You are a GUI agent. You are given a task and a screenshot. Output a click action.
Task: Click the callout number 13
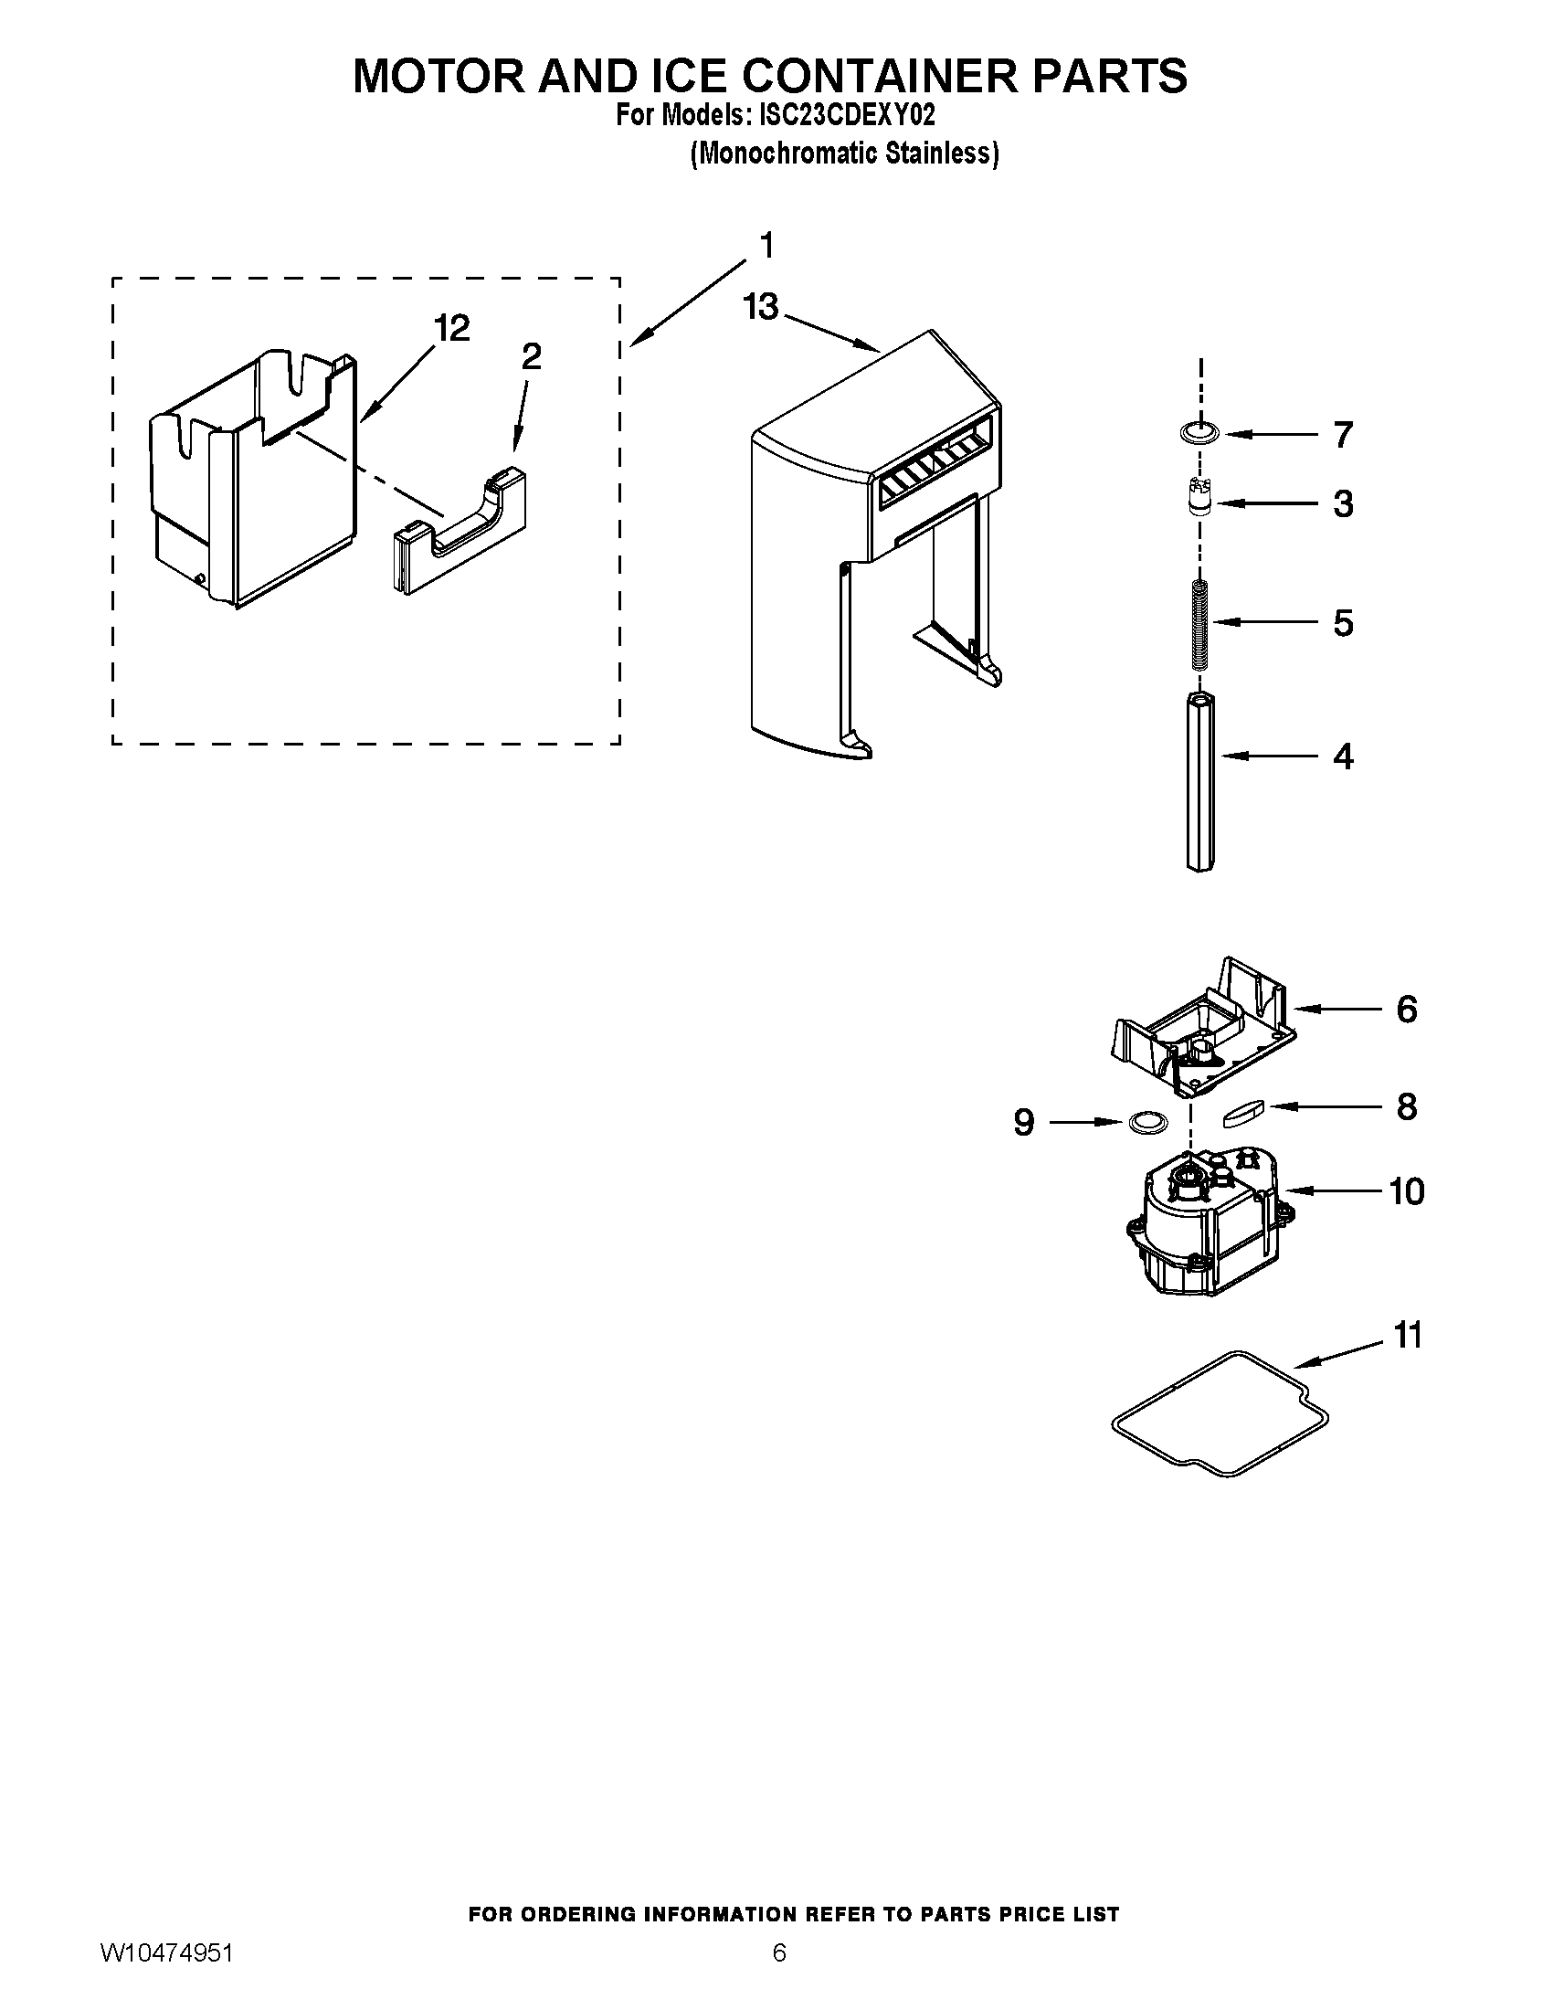click(760, 307)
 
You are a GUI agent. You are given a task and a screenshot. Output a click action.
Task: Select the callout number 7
click(1342, 435)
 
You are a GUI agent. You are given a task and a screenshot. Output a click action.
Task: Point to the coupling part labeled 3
click(1199, 499)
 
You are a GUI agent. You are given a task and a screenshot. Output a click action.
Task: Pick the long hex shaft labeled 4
click(1199, 782)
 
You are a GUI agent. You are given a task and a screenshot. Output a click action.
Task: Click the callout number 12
click(450, 328)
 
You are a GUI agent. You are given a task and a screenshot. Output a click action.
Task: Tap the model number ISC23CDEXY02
click(846, 116)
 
